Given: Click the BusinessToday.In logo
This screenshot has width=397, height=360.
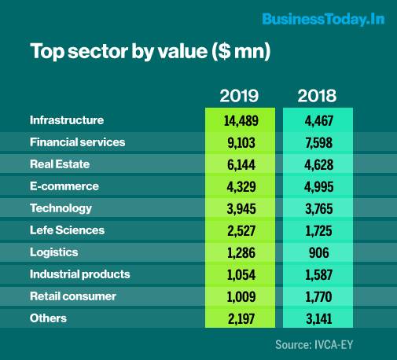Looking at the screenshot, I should tap(323, 19).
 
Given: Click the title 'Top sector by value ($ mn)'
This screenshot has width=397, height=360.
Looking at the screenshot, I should tap(149, 52).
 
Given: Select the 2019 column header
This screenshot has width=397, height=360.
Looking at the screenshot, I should tap(240, 96).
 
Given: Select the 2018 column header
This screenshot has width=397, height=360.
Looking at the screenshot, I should tap(317, 96).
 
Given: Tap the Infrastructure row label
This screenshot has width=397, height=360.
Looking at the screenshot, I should tap(67, 120).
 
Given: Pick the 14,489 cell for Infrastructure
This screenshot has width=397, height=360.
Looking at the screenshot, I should tap(240, 120).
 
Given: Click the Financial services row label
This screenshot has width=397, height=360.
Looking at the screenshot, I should tap(77, 142).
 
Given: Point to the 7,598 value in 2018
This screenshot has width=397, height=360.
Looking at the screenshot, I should tap(317, 142).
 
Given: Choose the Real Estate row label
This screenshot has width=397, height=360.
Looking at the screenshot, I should tap(60, 164).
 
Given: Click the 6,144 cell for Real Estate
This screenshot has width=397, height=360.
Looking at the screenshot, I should tap(240, 164).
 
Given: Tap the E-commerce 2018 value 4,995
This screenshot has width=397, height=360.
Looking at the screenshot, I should tap(317, 186).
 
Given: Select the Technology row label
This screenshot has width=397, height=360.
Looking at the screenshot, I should tap(61, 208).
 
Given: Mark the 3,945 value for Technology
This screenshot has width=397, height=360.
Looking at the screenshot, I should tap(240, 208).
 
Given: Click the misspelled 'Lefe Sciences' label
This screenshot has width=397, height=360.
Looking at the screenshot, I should tap(67, 230).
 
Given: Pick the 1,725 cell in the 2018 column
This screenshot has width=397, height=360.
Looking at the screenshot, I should tap(317, 230).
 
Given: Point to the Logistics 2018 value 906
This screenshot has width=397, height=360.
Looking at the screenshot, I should tap(317, 252).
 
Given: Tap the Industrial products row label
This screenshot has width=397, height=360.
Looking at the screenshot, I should tap(79, 274).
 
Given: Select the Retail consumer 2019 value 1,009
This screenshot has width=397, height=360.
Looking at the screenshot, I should tap(240, 296).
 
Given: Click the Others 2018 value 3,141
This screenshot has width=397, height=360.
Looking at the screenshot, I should tap(317, 318).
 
